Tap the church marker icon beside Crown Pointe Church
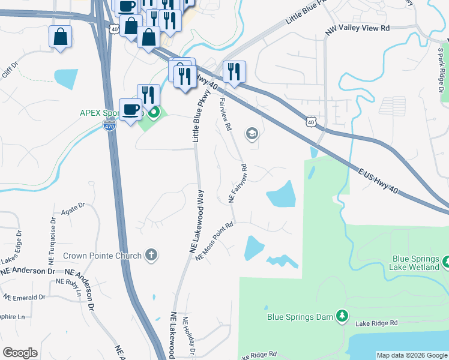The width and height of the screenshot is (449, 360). (151, 255)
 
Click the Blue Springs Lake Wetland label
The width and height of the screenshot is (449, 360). (415, 263)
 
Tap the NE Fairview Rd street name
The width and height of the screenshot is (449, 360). (238, 182)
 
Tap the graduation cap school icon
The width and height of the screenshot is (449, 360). (252, 134)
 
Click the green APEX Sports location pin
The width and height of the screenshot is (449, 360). (154, 112)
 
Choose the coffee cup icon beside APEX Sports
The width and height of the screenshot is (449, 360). (130, 109)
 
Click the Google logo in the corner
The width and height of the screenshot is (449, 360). (20, 353)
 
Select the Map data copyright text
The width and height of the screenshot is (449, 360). (412, 355)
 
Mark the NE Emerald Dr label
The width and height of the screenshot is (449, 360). (25, 297)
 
